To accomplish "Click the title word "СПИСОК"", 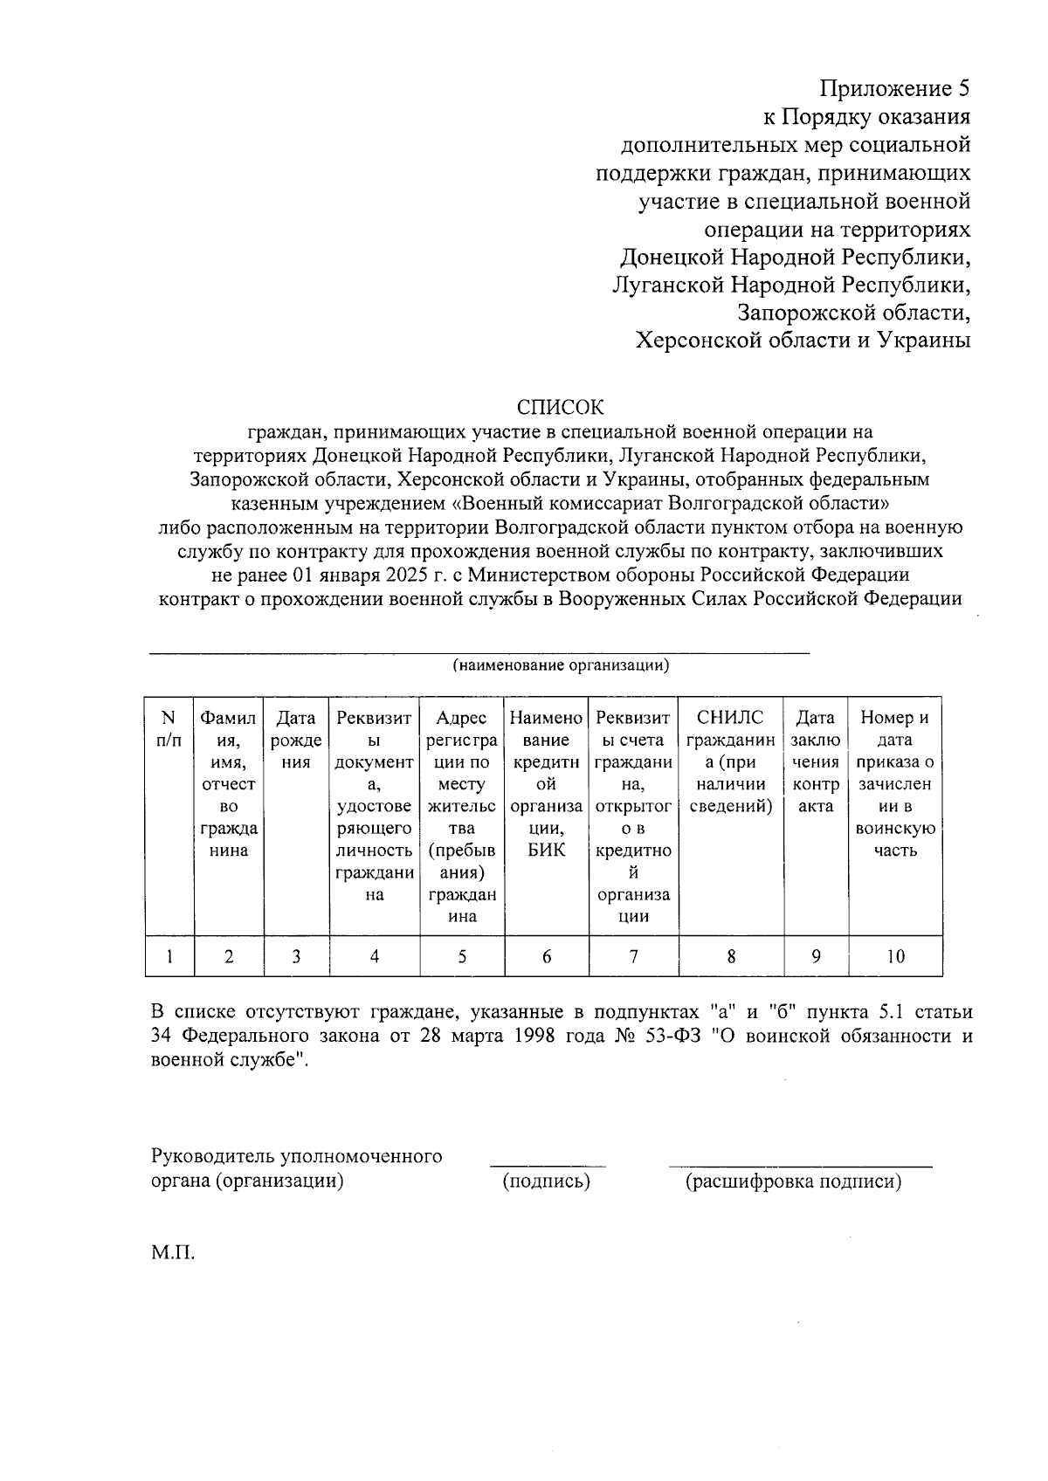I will (x=560, y=408).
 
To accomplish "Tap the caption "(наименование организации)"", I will (x=561, y=666).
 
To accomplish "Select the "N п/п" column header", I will (x=169, y=729).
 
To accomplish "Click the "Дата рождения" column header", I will (x=296, y=740).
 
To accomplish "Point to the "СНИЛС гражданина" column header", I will (x=731, y=761).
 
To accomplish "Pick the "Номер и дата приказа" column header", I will (x=895, y=784).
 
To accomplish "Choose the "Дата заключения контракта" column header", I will (x=816, y=761).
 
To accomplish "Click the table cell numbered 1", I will (x=169, y=956).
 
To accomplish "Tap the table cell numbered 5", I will (x=462, y=956).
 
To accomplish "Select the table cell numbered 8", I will (x=731, y=956).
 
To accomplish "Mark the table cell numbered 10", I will (x=895, y=956).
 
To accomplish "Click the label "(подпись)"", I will (x=547, y=1181).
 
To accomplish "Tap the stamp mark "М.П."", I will (x=172, y=1254).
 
